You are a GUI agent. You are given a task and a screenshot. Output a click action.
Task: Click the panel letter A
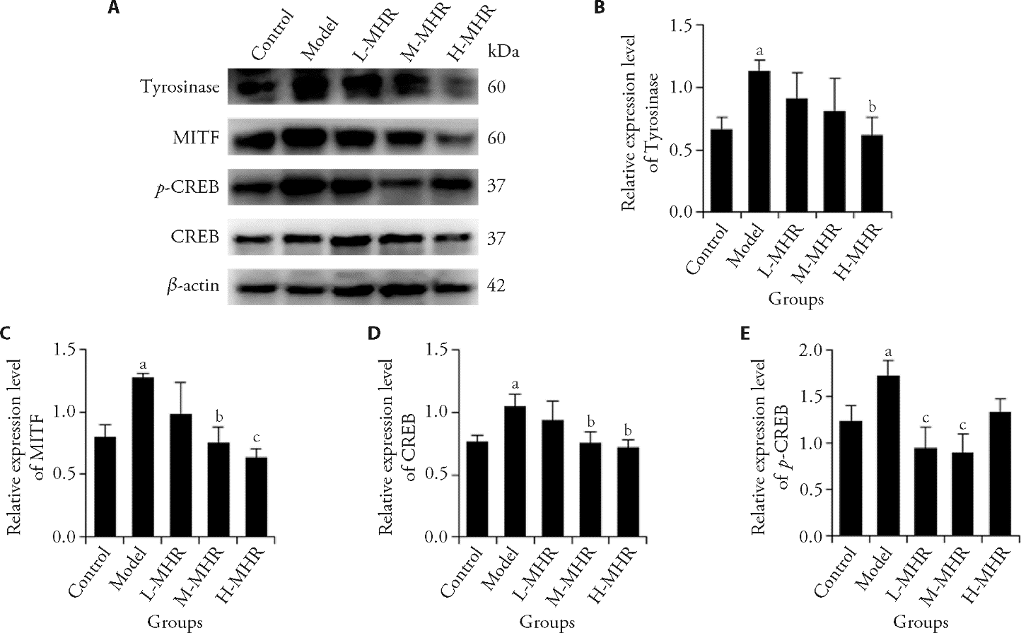[112, 9]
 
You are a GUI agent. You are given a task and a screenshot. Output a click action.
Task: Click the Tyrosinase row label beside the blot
[180, 88]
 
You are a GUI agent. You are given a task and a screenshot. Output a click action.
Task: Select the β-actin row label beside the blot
[193, 286]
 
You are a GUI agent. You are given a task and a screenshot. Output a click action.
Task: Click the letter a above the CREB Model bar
[515, 384]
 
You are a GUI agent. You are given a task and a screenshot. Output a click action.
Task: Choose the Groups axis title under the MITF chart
[176, 622]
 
